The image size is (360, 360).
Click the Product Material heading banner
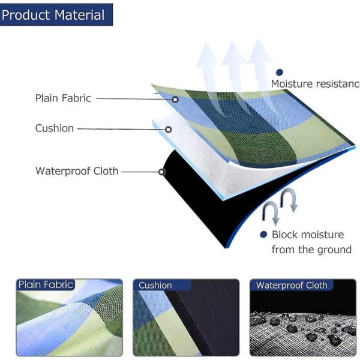click(56, 14)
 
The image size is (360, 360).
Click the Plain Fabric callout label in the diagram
click(63, 98)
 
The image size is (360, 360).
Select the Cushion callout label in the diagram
click(55, 128)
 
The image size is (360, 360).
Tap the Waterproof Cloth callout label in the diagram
click(77, 171)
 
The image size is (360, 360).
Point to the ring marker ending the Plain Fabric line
click(175, 100)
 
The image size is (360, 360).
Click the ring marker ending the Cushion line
click(168, 130)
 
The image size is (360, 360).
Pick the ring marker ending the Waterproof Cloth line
click(161, 172)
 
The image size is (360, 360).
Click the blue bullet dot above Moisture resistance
click(280, 73)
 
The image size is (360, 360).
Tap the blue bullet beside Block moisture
click(263, 235)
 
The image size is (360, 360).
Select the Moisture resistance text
click(316, 84)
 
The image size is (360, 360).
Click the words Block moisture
click(308, 235)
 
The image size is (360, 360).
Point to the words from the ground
click(311, 250)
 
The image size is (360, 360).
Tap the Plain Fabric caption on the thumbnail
click(46, 284)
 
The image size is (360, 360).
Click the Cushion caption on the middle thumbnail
click(155, 285)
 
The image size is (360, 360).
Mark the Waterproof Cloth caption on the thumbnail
click(292, 285)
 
